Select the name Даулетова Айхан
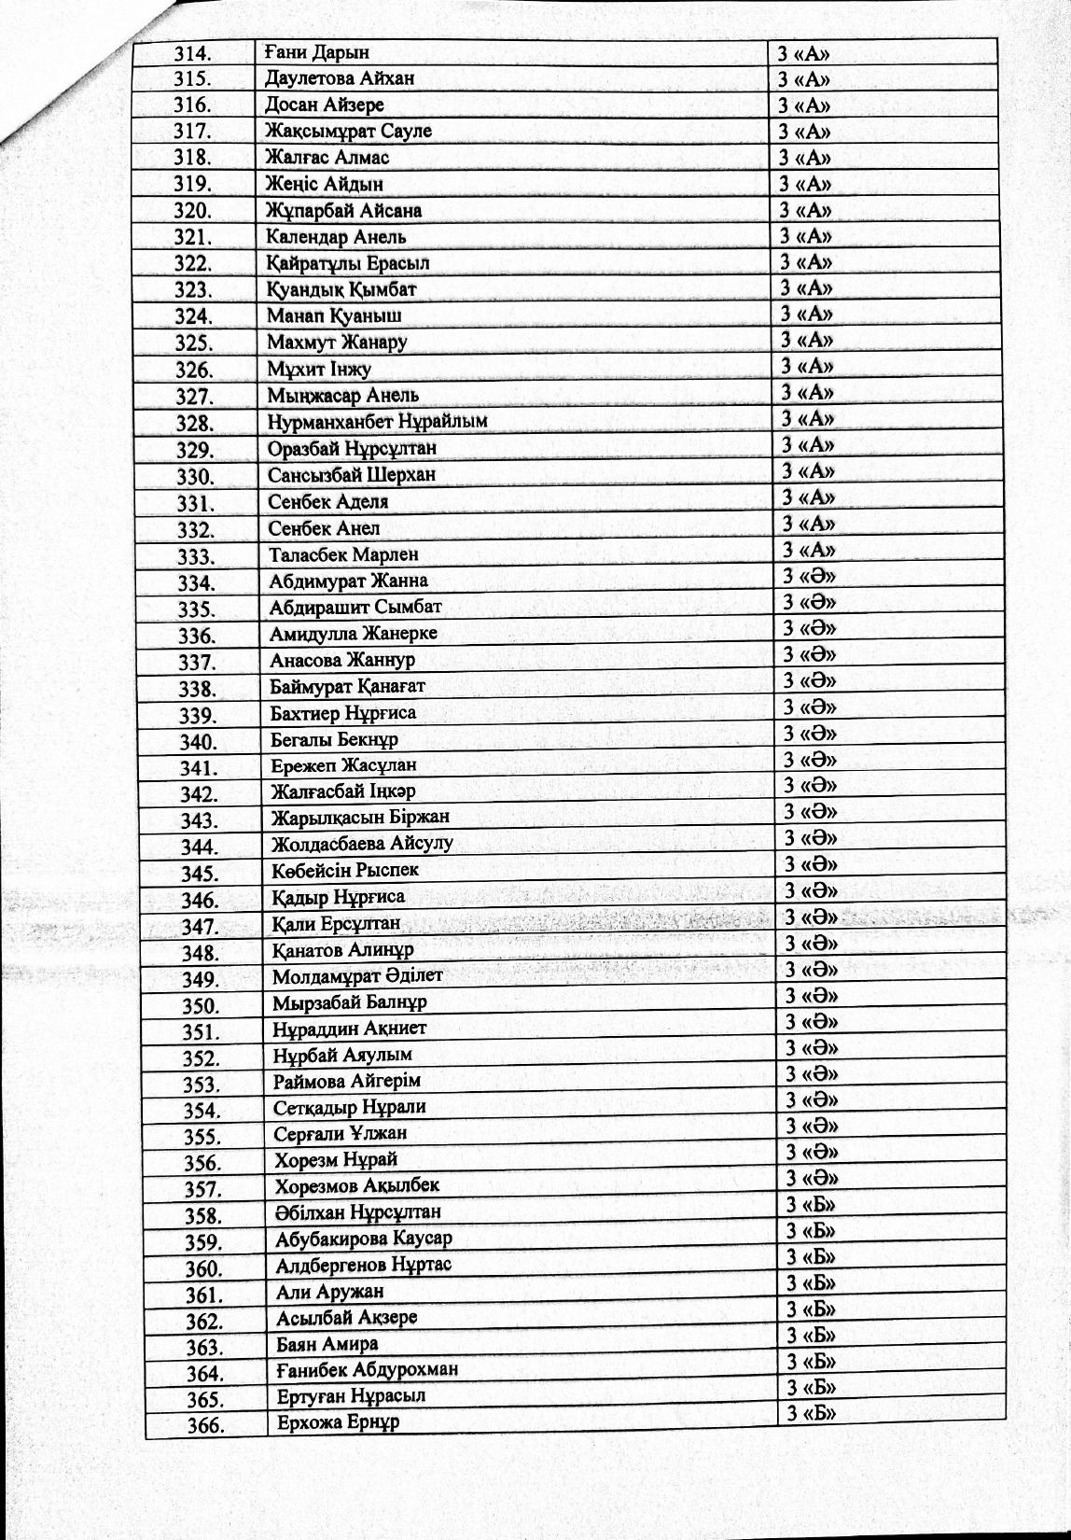340,78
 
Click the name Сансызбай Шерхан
352,474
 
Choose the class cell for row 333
808,550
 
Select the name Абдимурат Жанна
348,581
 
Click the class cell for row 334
809,576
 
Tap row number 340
198,743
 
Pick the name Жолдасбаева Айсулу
362,844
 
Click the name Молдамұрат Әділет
357,975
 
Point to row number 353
201,1085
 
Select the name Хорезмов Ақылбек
356,1186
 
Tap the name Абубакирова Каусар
364,1239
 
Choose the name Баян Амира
327,1344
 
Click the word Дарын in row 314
340,52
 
